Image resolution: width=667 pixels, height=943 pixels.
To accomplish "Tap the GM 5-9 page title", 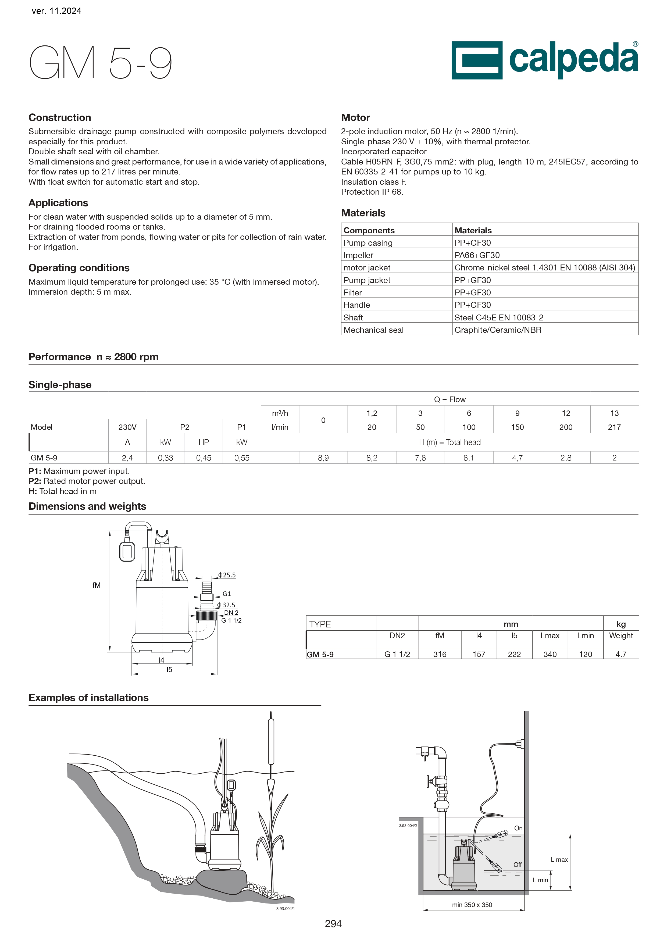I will pos(101,63).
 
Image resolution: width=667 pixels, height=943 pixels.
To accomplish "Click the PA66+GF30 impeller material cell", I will pos(477,255).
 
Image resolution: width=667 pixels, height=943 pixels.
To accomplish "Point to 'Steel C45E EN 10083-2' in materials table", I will pos(499,317).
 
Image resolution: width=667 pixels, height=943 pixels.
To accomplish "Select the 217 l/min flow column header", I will pos(614,427).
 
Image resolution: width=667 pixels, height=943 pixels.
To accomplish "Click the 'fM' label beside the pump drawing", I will pos(97,585).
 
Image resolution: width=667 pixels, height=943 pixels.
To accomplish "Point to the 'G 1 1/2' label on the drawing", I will pos(231,621).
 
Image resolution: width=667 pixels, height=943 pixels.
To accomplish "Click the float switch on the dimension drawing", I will pos(127,551).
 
